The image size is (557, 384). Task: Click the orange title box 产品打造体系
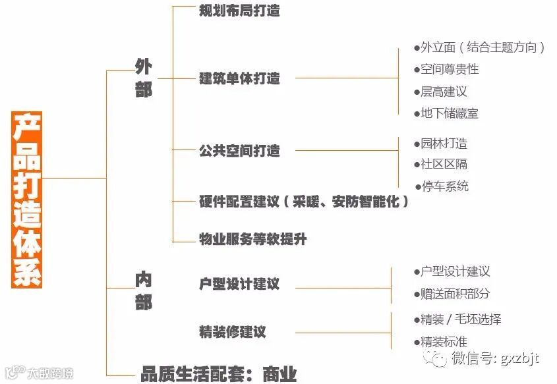tap(27, 200)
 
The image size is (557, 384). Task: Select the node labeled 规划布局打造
tap(239, 11)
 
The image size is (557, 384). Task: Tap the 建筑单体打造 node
tap(239, 78)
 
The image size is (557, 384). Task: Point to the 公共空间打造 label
tap(239, 151)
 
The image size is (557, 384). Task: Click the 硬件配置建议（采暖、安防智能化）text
tap(304, 202)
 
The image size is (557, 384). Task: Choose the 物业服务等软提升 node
tap(252, 239)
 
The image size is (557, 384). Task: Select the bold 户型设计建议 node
tap(239, 284)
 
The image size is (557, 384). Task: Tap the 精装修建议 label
tap(233, 331)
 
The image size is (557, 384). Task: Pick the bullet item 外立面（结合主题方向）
tap(483, 47)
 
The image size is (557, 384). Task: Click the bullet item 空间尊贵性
tap(450, 69)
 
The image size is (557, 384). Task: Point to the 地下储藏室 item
tap(450, 113)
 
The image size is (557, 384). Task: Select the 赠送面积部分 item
tap(455, 294)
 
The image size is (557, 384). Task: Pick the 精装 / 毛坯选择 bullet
tap(461, 319)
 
